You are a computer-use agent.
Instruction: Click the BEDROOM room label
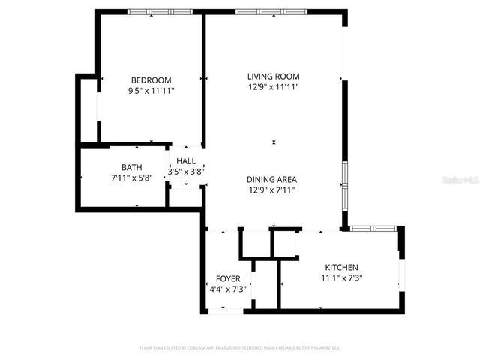tap(151, 80)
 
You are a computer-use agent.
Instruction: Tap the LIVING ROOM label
tap(274, 76)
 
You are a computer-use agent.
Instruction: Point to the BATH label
tap(131, 167)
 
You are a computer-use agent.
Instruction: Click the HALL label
tap(186, 161)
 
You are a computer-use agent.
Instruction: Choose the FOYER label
tap(228, 278)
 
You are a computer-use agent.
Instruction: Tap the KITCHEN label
tap(341, 267)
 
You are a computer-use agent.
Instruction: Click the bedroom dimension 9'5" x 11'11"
tap(151, 91)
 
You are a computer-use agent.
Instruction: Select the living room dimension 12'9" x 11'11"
tap(274, 86)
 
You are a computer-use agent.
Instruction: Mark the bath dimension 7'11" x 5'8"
tap(131, 178)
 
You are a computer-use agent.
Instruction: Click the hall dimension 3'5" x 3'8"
tap(186, 172)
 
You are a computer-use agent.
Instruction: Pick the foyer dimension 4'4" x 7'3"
tap(228, 289)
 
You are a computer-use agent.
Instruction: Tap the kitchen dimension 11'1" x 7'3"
tap(341, 277)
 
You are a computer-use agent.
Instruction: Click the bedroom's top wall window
tap(150, 12)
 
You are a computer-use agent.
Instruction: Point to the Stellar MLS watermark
tap(458, 181)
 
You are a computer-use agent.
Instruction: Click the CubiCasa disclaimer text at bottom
tap(240, 348)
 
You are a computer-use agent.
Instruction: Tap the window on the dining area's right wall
tap(344, 184)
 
